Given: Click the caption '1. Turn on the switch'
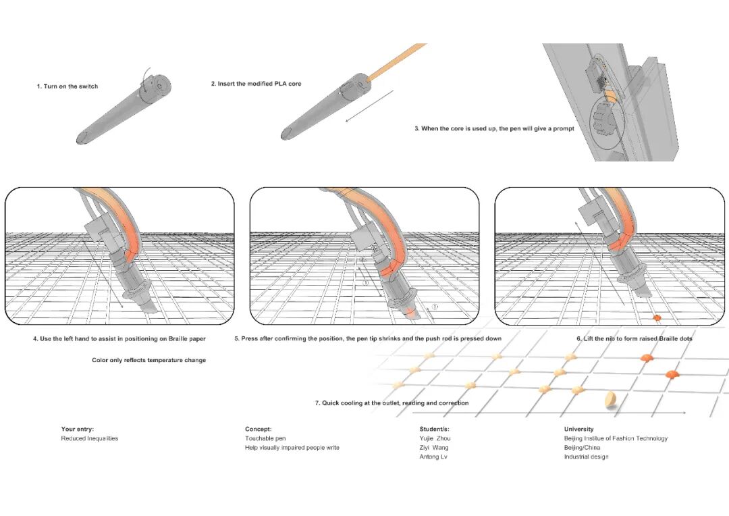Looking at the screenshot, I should pyautogui.click(x=67, y=86).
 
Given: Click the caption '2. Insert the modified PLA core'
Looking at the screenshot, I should pyautogui.click(x=256, y=84).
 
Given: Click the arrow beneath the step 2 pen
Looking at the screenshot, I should pyautogui.click(x=369, y=106).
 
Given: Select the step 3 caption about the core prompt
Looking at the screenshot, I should pyautogui.click(x=494, y=128).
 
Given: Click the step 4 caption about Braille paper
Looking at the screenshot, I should pyautogui.click(x=119, y=339).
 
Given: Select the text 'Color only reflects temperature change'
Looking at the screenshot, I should pyautogui.click(x=148, y=361).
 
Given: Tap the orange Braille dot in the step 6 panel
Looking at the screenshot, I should pyautogui.click(x=657, y=317).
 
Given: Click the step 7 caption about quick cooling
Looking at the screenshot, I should pyautogui.click(x=391, y=403).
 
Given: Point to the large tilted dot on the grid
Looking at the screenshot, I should pyautogui.click(x=612, y=400).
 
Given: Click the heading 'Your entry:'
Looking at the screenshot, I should pyautogui.click(x=78, y=429).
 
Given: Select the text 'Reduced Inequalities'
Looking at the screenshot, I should pyautogui.click(x=89, y=438).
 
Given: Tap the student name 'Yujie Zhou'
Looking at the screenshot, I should pyautogui.click(x=435, y=438).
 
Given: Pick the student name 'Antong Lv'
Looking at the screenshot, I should pyautogui.click(x=434, y=457).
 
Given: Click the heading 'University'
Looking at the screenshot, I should pyautogui.click(x=578, y=429).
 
